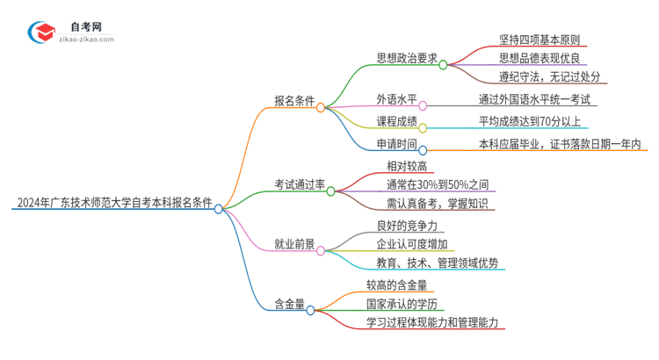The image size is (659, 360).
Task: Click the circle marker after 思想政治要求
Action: (x=444, y=64)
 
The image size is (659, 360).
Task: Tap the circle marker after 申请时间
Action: (x=423, y=149)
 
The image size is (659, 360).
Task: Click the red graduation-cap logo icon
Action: (x=43, y=32)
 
